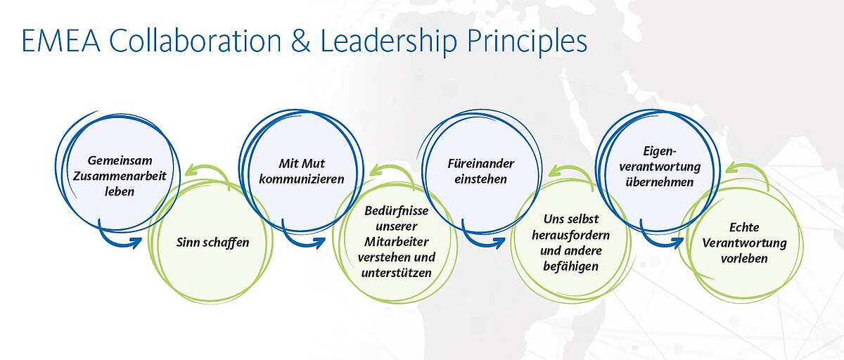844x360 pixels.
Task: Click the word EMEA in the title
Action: pos(61,41)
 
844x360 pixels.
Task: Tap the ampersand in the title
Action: pos(301,41)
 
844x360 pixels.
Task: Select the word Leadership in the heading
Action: pos(388,42)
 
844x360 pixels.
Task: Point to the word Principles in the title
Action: pos(527,42)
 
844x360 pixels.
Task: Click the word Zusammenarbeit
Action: pos(120,176)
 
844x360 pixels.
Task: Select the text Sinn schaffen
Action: pos(212,243)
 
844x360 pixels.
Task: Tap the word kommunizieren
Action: pos(302,179)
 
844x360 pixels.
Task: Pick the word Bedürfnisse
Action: pos(397,211)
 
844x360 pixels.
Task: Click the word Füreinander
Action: pos(481,164)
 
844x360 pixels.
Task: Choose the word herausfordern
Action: pos(570,236)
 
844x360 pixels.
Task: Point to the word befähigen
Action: pos(570,266)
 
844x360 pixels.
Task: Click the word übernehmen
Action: pos(660,182)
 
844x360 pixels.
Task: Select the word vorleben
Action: pos(744,259)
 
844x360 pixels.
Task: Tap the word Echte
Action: pos(744,227)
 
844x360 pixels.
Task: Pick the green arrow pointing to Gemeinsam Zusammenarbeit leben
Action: pos(210,172)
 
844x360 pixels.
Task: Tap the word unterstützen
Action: pos(397,273)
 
